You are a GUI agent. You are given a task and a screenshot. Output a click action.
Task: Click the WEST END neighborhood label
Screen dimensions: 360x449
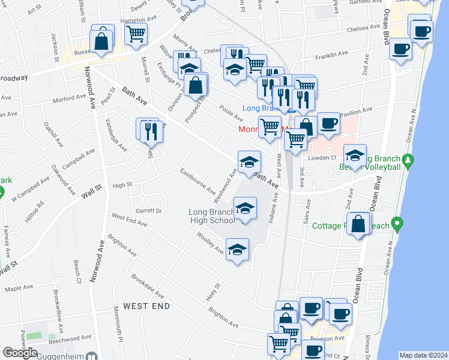point(146,306)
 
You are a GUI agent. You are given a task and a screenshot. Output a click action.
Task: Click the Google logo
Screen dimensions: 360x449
point(20,353)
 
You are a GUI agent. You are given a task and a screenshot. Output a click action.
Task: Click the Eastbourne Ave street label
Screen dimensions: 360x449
point(198,181)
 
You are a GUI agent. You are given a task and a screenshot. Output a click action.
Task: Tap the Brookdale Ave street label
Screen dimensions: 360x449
point(147,287)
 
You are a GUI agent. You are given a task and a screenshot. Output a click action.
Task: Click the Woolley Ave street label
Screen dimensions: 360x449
point(209,243)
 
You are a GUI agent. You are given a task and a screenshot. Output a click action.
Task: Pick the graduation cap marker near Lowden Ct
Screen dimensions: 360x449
point(355,155)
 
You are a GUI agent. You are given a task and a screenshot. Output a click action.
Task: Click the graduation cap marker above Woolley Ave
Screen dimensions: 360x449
point(237,248)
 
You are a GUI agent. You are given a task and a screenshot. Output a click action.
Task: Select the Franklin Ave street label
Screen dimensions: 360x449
point(332,56)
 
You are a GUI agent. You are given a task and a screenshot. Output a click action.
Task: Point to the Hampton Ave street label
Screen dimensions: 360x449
point(133,20)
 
